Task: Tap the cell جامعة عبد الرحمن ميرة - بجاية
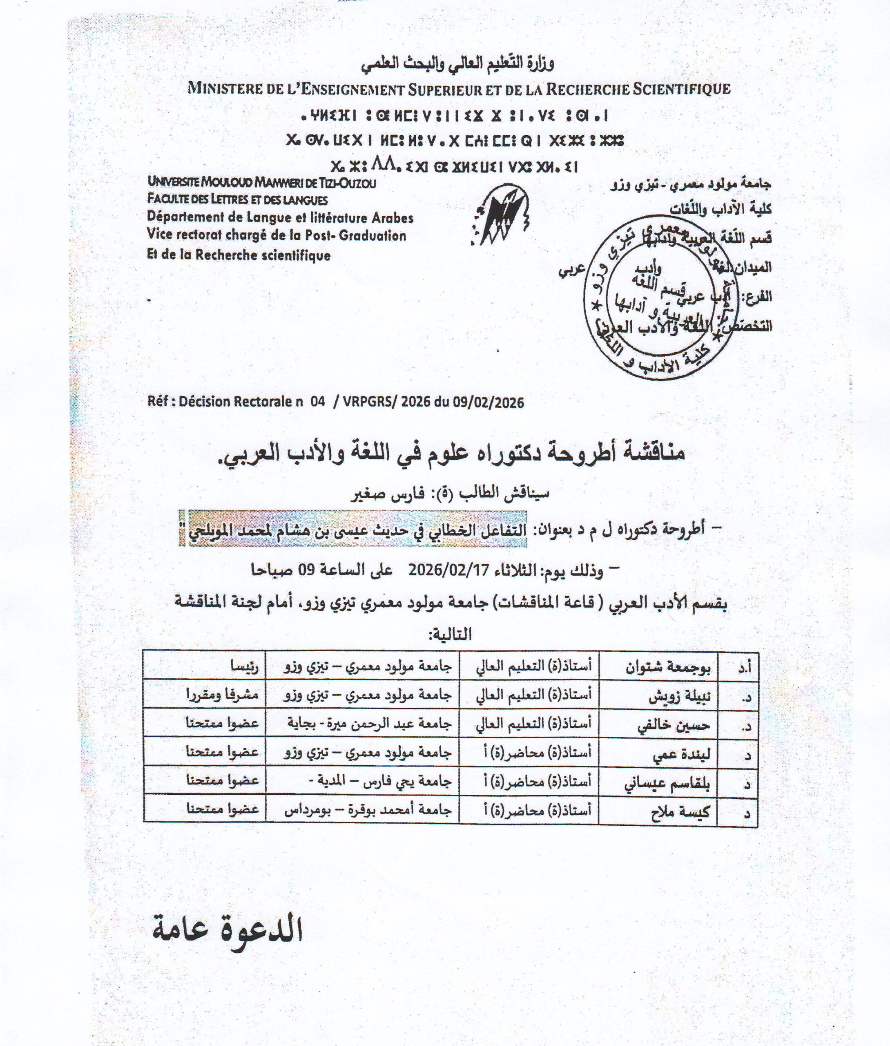tap(362, 726)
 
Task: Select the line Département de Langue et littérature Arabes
tap(280, 217)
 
